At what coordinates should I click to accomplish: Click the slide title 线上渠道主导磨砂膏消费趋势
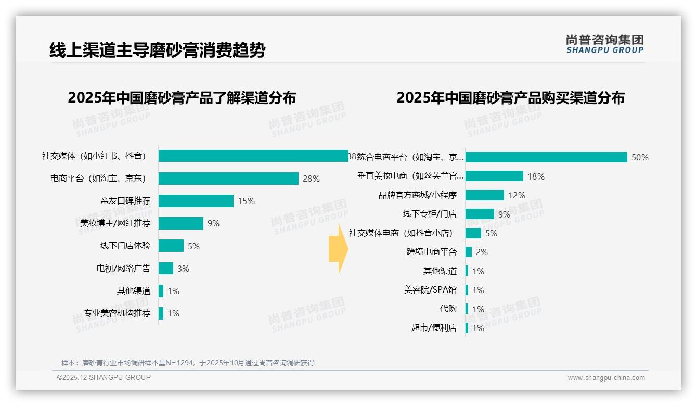click(157, 50)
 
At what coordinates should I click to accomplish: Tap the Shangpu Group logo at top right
click(604, 44)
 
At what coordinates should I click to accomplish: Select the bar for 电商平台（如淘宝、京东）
click(228, 179)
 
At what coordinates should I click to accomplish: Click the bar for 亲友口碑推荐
click(196, 201)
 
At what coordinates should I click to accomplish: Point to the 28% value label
click(311, 179)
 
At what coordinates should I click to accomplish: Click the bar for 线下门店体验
click(171, 246)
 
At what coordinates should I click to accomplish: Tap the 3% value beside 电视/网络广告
click(183, 269)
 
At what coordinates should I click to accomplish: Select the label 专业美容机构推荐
click(117, 313)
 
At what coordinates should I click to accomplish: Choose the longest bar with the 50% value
click(546, 157)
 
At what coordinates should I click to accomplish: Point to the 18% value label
click(536, 176)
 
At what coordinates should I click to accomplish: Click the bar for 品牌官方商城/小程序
click(484, 195)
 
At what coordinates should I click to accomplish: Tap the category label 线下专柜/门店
click(430, 214)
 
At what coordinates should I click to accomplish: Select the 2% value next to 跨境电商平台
click(482, 252)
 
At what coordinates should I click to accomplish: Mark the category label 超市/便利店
click(434, 328)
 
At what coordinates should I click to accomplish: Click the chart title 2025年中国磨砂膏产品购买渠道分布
click(510, 98)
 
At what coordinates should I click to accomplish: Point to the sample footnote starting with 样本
click(188, 363)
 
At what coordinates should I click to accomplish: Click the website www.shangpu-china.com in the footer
click(606, 378)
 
